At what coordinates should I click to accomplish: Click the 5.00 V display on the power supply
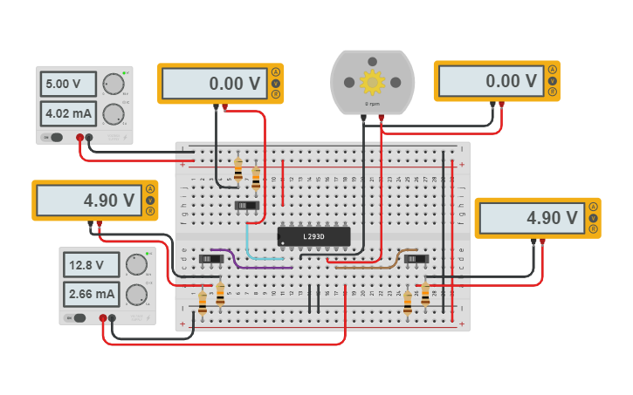pyautogui.click(x=67, y=85)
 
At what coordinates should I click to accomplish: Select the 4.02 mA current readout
pyautogui.click(x=67, y=113)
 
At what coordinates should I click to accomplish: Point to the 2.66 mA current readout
pyautogui.click(x=92, y=294)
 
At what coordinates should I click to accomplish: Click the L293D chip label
pyautogui.click(x=313, y=236)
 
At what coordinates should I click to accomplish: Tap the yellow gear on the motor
pyautogui.click(x=372, y=83)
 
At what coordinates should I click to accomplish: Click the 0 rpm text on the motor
pyautogui.click(x=372, y=104)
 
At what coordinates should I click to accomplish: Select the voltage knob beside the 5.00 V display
pyautogui.click(x=113, y=85)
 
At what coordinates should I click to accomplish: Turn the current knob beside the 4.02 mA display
pyautogui.click(x=113, y=114)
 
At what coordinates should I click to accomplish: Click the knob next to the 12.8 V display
pyautogui.click(x=136, y=265)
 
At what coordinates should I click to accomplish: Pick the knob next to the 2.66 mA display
pyautogui.click(x=136, y=295)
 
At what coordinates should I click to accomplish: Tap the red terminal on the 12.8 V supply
pyautogui.click(x=103, y=318)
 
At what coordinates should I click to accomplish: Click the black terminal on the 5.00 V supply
pyautogui.click(x=89, y=137)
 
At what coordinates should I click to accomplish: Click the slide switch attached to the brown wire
pyautogui.click(x=416, y=259)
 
